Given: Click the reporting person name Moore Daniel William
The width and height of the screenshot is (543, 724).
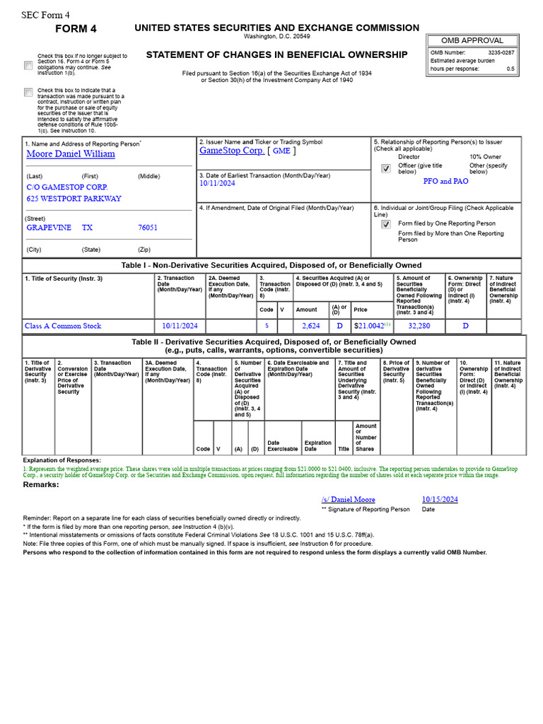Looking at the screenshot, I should [70, 153].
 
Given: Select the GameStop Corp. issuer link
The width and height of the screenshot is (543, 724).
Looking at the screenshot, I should [232, 151].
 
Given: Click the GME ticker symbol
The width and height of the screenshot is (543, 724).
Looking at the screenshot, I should [281, 151].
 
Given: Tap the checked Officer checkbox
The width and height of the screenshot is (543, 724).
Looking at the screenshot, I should [385, 168].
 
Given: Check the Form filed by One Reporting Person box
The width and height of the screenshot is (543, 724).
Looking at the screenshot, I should [385, 224].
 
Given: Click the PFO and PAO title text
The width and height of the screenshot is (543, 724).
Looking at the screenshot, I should [445, 181].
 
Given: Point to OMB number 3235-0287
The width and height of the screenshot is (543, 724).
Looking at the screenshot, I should [501, 52].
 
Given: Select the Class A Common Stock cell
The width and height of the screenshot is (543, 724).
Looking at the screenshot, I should [63, 326].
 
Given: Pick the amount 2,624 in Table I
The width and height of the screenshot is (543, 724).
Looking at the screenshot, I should [311, 326].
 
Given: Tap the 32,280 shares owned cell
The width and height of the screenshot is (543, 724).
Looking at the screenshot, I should [419, 326].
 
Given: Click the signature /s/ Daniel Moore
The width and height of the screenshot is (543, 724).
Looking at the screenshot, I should [348, 499].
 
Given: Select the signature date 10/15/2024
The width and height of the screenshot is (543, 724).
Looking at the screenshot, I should [440, 499].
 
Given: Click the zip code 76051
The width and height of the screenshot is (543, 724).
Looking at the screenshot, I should [148, 228].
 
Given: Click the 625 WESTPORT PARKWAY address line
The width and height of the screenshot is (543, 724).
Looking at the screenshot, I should [74, 199].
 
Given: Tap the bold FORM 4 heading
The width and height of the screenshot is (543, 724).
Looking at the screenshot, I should [76, 29].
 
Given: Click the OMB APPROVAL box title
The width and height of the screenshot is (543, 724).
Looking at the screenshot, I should [472, 40].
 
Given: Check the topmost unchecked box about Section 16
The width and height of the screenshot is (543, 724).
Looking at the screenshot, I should [28, 65].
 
